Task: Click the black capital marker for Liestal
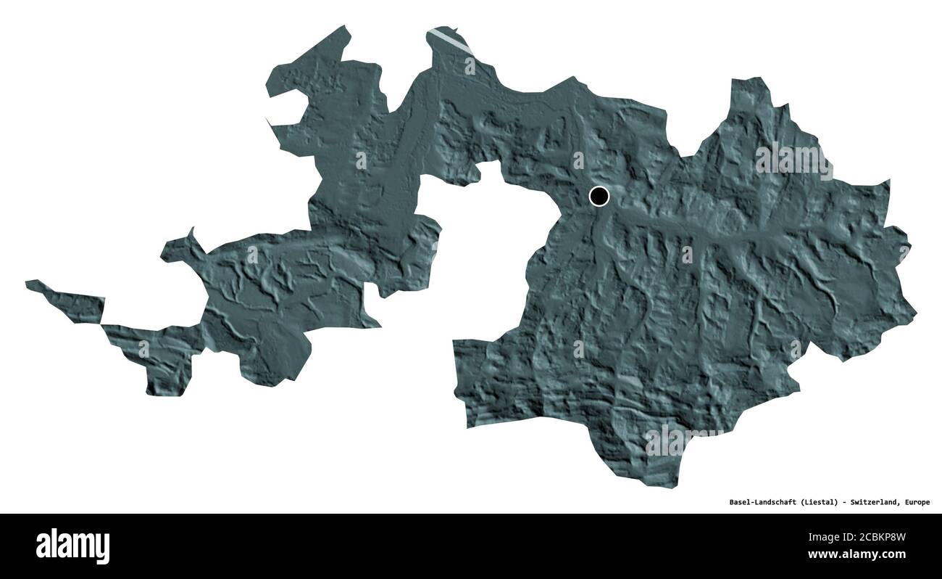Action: click(599, 196)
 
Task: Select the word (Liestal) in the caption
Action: click(820, 502)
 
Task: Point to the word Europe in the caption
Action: click(916, 502)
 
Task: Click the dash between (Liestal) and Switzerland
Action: click(844, 502)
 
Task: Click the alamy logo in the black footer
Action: click(72, 546)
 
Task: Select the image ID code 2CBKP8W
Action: click(880, 538)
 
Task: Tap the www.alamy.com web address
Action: click(867, 555)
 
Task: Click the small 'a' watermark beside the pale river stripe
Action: click(470, 66)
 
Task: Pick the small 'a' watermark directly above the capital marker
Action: click(578, 160)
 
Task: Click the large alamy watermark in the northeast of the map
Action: click(793, 160)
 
